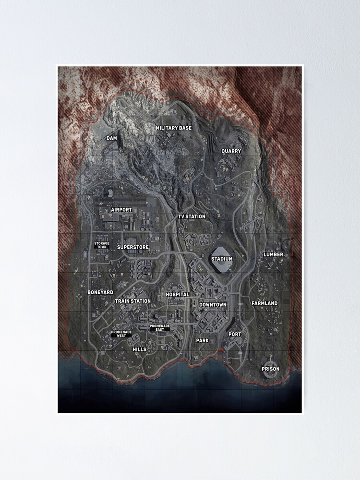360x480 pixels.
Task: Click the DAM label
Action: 111,138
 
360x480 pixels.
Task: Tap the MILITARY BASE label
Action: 173,128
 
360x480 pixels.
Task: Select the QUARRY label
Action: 231,151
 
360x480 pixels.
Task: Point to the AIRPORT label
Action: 121,210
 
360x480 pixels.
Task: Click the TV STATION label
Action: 192,216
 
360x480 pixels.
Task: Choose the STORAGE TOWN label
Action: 102,245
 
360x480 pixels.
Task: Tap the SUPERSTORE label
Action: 133,247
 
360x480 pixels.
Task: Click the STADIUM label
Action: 222,259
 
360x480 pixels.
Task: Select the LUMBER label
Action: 273,254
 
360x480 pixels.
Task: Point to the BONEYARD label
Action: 100,292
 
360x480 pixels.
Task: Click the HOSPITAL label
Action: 178,294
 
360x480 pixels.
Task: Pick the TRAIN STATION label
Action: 133,301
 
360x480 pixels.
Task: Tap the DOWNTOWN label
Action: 213,305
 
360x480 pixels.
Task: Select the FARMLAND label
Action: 264,303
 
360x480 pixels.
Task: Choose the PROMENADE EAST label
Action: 159,328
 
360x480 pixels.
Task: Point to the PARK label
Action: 203,340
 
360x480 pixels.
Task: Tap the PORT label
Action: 235,334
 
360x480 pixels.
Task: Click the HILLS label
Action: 139,349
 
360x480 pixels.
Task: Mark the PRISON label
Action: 270,369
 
